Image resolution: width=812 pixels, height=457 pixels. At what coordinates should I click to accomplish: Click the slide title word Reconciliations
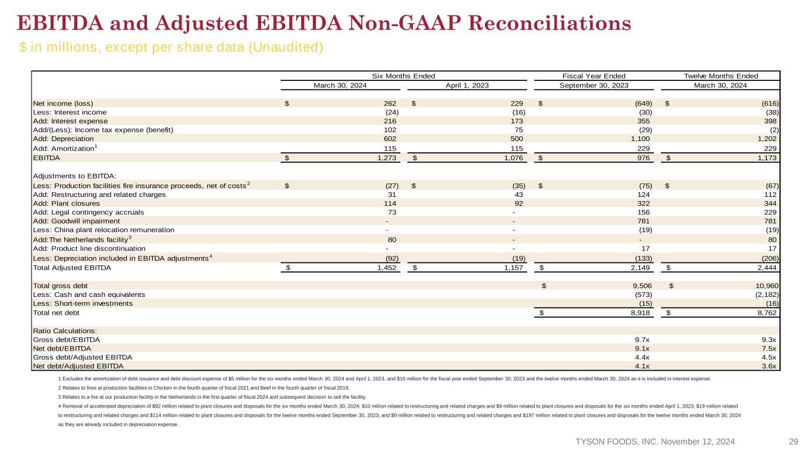coord(550,23)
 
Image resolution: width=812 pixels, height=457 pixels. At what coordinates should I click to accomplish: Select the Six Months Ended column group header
coord(403,76)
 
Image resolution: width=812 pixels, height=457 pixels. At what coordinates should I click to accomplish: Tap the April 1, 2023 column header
coord(467,85)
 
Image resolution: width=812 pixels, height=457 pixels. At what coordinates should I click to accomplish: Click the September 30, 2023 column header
coord(594,85)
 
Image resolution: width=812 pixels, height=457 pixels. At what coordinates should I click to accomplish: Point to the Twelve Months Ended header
coord(720,76)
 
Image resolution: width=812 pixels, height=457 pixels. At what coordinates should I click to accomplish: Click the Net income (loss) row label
coord(63,104)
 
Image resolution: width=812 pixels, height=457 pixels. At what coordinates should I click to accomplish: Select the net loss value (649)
coord(644,104)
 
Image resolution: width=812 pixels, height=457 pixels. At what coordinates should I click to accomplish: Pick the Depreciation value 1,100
coord(640,139)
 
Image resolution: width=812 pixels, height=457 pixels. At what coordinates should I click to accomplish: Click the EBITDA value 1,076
coord(513,158)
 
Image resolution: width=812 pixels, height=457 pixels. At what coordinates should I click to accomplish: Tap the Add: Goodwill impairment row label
coord(76,221)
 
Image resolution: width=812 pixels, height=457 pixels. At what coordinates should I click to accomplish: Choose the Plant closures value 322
coord(644,204)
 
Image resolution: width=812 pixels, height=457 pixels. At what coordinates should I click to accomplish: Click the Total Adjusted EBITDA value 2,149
coord(640,268)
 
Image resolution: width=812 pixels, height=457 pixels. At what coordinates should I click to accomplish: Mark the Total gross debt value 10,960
coord(767,286)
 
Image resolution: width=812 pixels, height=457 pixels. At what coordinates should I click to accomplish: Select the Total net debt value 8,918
coord(640,312)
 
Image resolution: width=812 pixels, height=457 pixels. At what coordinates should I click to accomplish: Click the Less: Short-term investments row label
coord(83,303)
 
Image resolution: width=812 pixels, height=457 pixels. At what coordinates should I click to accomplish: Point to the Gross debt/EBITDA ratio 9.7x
coord(642,340)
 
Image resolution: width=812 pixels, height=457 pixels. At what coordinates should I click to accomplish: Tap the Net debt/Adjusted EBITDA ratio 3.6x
coord(769,366)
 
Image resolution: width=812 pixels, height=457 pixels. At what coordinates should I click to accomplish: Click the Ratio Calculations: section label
coord(65,331)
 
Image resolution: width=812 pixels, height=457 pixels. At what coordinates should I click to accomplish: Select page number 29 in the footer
coord(793,442)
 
